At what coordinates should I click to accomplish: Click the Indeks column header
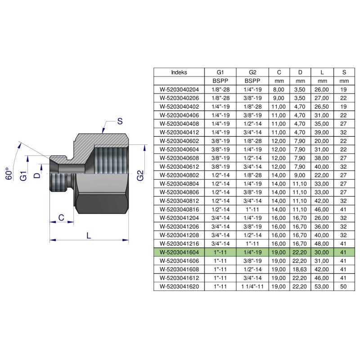tap(179, 72)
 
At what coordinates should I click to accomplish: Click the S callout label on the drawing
tap(120, 121)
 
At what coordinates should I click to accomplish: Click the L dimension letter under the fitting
tap(89, 235)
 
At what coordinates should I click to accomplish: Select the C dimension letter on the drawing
tap(60, 218)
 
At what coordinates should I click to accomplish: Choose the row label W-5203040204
tap(179, 90)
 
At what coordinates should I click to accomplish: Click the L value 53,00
tap(323, 286)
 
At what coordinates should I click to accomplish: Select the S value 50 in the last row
tap(344, 286)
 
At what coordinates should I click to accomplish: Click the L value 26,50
tap(323, 106)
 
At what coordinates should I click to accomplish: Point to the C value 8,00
tap(279, 90)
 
